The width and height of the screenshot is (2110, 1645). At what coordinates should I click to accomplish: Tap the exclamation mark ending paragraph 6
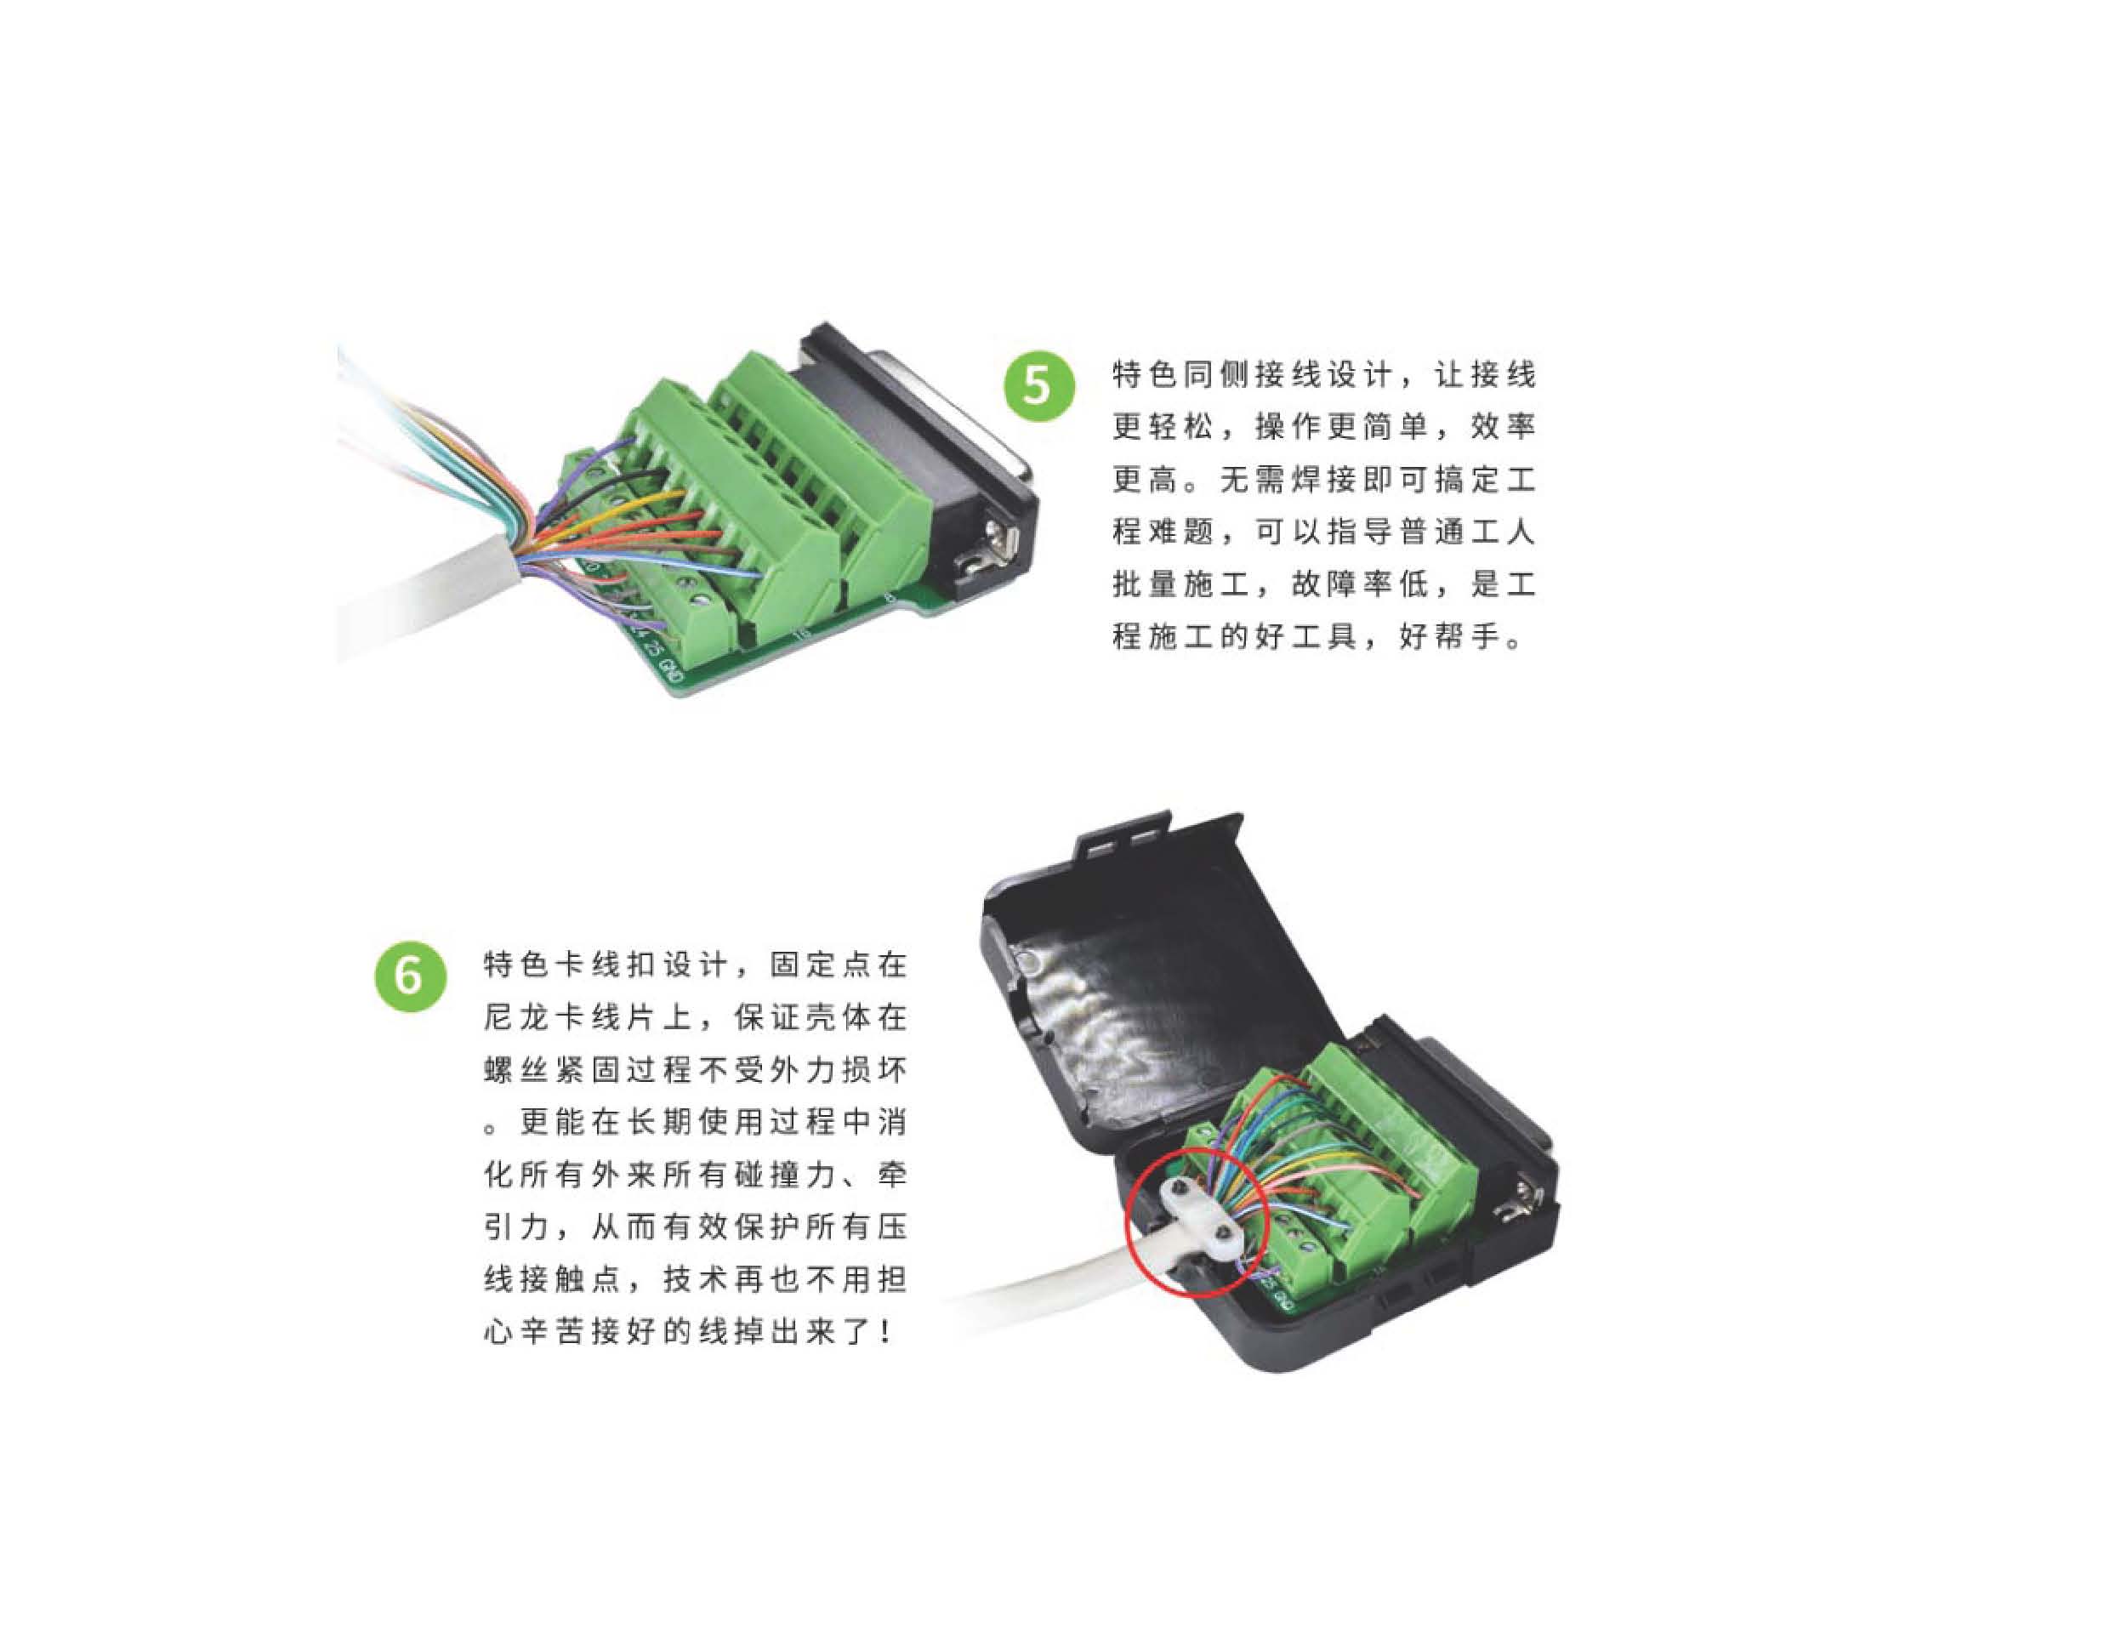[x=886, y=1332]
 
